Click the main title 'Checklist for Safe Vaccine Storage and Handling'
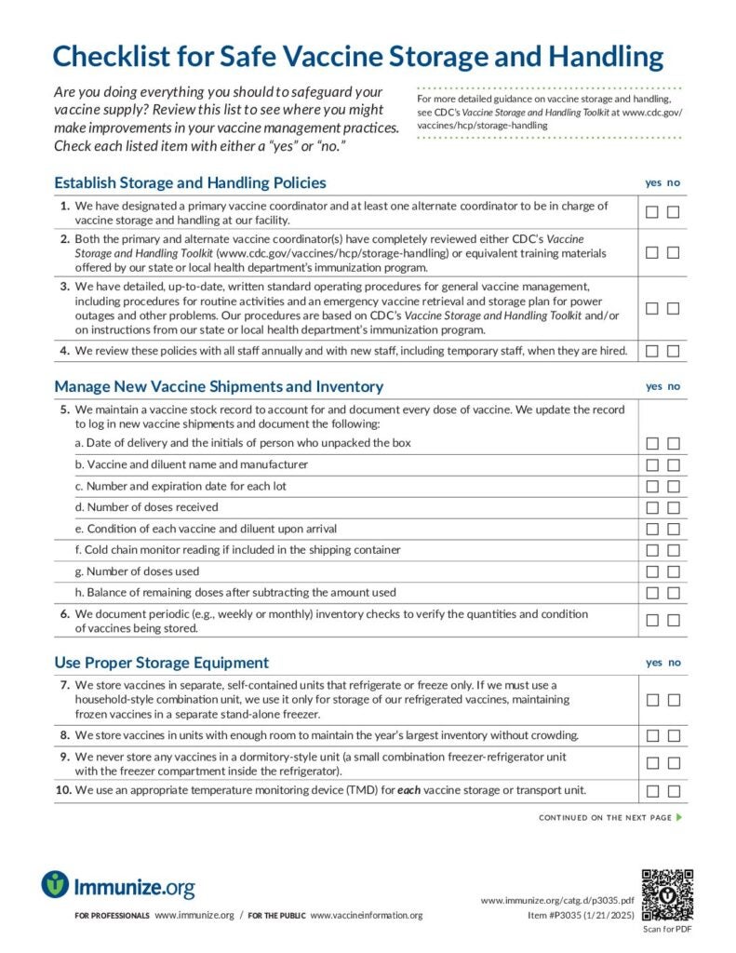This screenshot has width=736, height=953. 358,57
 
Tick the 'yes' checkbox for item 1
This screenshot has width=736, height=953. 652,212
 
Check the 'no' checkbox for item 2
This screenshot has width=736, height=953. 674,252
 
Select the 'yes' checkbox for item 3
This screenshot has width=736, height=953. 652,308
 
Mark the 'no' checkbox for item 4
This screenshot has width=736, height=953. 674,351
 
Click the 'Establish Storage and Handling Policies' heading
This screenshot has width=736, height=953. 190,182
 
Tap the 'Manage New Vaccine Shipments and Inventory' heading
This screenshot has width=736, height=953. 219,386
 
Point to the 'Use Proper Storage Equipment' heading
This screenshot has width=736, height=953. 161,663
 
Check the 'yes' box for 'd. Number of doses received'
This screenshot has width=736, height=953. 652,507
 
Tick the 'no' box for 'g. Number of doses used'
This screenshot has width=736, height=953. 674,571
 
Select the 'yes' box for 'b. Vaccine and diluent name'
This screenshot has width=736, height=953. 652,464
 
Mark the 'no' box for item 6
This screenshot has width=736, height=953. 674,620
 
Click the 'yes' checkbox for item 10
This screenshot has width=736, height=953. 652,791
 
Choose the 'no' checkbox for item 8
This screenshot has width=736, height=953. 674,735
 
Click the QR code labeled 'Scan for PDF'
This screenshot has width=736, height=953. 667,894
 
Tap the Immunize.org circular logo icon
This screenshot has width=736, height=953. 55,884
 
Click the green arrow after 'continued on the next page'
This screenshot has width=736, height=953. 680,817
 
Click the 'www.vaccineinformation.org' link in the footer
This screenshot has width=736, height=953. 366,916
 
